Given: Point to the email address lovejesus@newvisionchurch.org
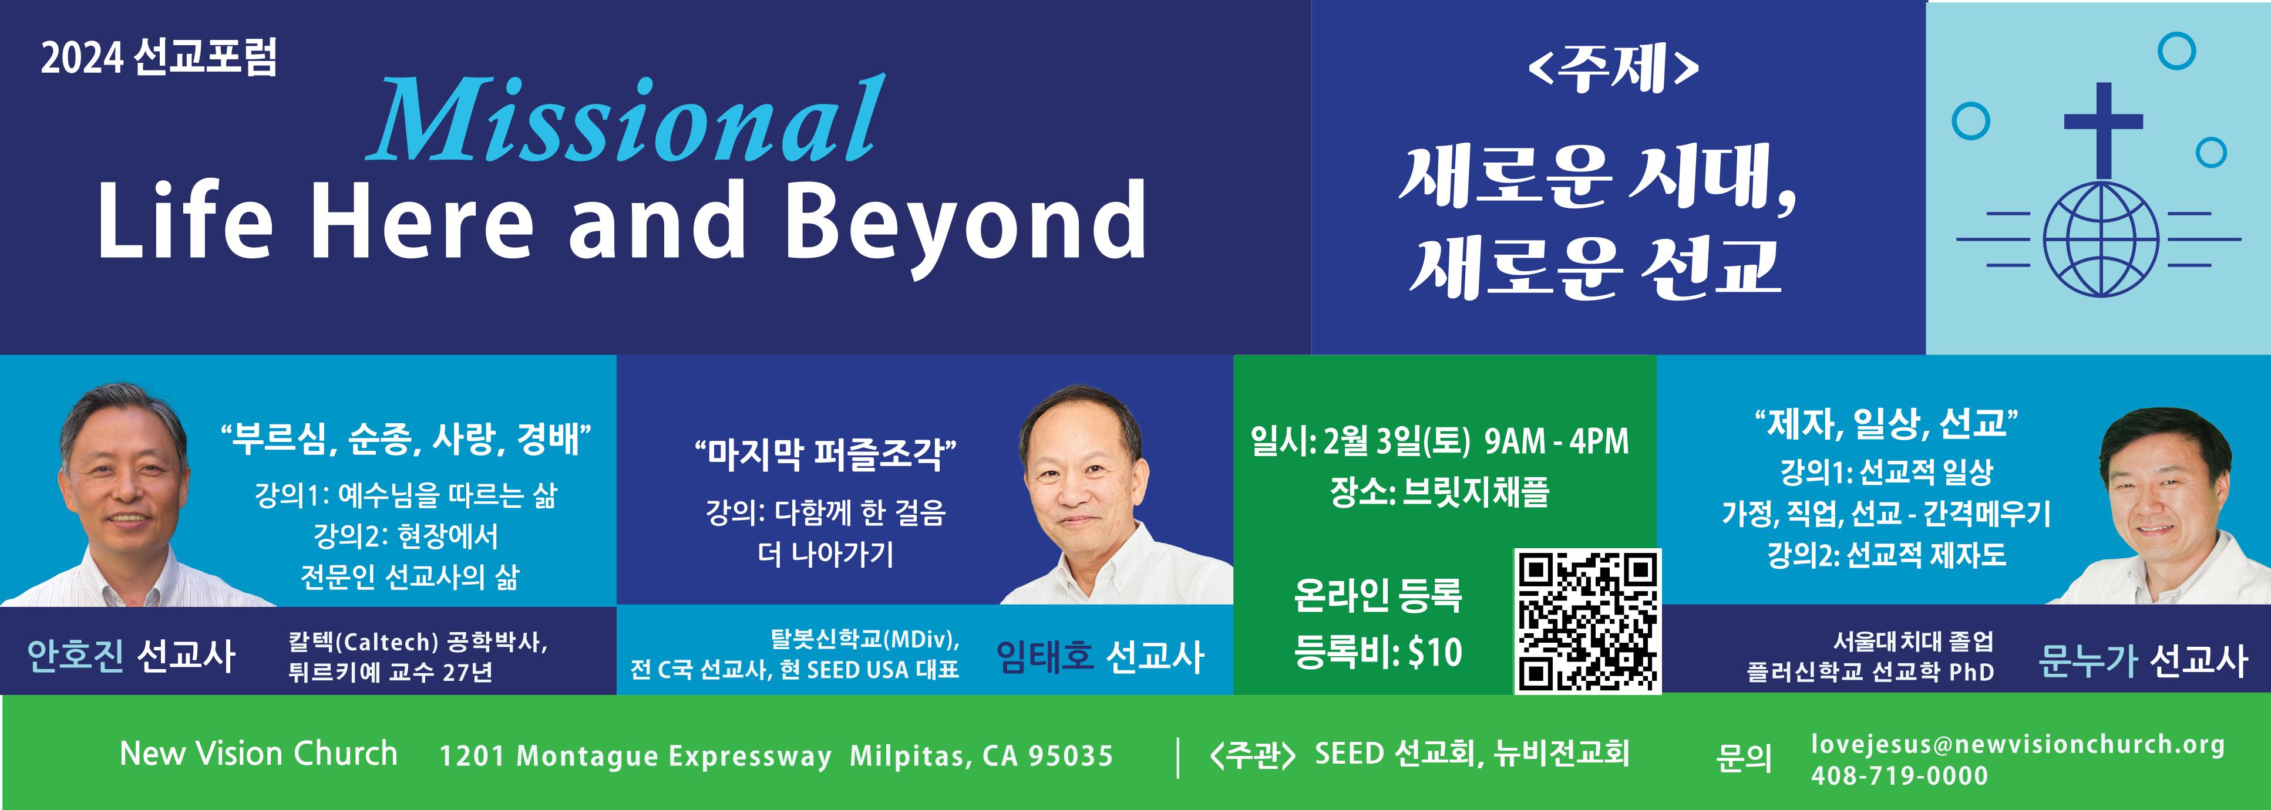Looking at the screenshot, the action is point(2018,745).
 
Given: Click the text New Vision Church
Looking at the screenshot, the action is point(258,754).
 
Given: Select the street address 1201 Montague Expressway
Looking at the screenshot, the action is point(635,755).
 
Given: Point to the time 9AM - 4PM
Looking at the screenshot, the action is point(1557,441).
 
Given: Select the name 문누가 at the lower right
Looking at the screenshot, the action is point(2088,660).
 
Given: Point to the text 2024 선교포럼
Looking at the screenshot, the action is point(159,58).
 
